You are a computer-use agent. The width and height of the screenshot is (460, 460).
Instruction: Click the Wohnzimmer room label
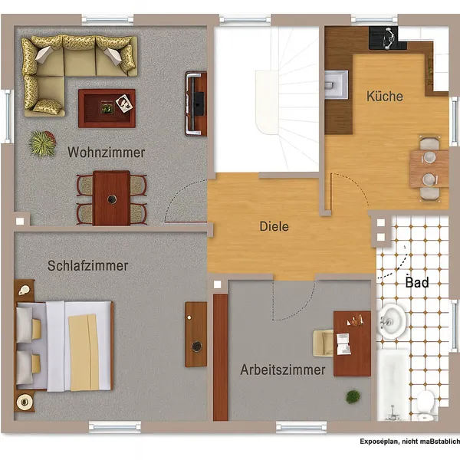[107, 153]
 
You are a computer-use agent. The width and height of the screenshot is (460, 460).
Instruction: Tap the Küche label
[385, 97]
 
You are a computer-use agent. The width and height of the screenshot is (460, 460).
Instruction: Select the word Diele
[274, 226]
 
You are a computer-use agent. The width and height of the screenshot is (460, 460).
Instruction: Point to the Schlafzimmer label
[87, 265]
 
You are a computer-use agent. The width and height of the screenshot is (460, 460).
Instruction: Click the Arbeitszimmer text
[283, 370]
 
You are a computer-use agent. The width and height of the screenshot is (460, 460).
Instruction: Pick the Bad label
[417, 282]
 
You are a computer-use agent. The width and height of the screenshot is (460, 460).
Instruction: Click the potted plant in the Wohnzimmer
[43, 144]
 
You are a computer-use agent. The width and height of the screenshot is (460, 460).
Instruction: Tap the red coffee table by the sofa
[107, 108]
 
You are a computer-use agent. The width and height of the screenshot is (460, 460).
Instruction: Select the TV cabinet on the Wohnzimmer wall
[196, 103]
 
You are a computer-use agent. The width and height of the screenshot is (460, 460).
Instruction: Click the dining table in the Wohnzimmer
[111, 198]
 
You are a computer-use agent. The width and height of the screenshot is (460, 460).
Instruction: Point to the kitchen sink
[337, 85]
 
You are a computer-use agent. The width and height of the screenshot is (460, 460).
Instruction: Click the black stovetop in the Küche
[387, 38]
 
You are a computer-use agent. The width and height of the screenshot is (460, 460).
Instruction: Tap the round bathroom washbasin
[391, 322]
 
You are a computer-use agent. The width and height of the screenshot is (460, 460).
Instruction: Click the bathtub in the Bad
[393, 385]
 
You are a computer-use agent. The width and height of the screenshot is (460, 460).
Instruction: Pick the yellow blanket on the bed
[84, 353]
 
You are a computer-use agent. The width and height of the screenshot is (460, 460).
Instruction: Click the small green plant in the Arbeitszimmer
[353, 396]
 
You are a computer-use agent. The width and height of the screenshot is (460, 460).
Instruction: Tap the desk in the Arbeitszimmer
[353, 343]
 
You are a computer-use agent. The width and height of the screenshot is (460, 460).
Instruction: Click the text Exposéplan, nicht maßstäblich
[410, 442]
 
